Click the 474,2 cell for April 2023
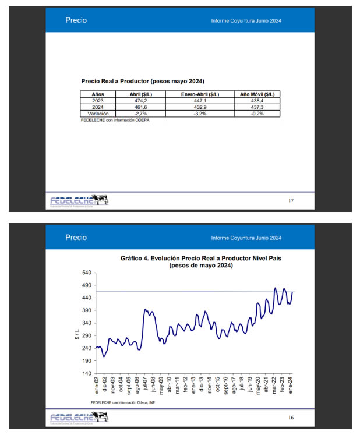pyautogui.click(x=140, y=101)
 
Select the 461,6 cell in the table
pyautogui.click(x=140, y=107)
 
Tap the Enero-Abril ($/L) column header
pyautogui.click(x=199, y=94)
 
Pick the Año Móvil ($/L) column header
pyautogui.click(x=257, y=94)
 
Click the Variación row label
pyautogui.click(x=98, y=114)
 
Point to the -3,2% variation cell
pyautogui.click(x=199, y=114)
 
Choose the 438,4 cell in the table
pyautogui.click(x=257, y=101)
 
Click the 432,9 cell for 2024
pyautogui.click(x=199, y=107)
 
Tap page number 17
pyautogui.click(x=291, y=201)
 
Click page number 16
pyautogui.click(x=291, y=418)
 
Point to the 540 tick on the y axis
pyautogui.click(x=86, y=273)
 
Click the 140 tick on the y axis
pyautogui.click(x=86, y=373)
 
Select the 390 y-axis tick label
pyautogui.click(x=86, y=310)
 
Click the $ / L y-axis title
pyautogui.click(x=76, y=333)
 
